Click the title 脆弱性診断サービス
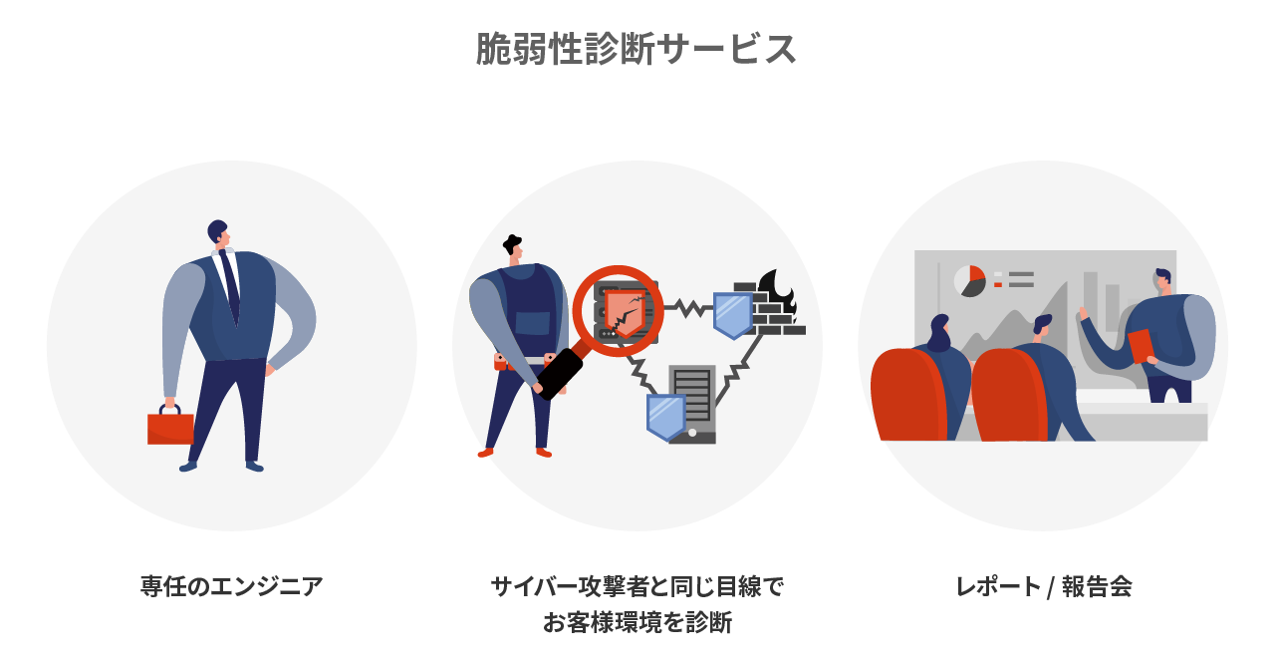637,49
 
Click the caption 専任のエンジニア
231,586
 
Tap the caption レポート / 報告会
1043,586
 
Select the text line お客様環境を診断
637,623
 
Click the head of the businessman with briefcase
218,233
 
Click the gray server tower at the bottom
694,403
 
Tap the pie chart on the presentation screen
969,281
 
